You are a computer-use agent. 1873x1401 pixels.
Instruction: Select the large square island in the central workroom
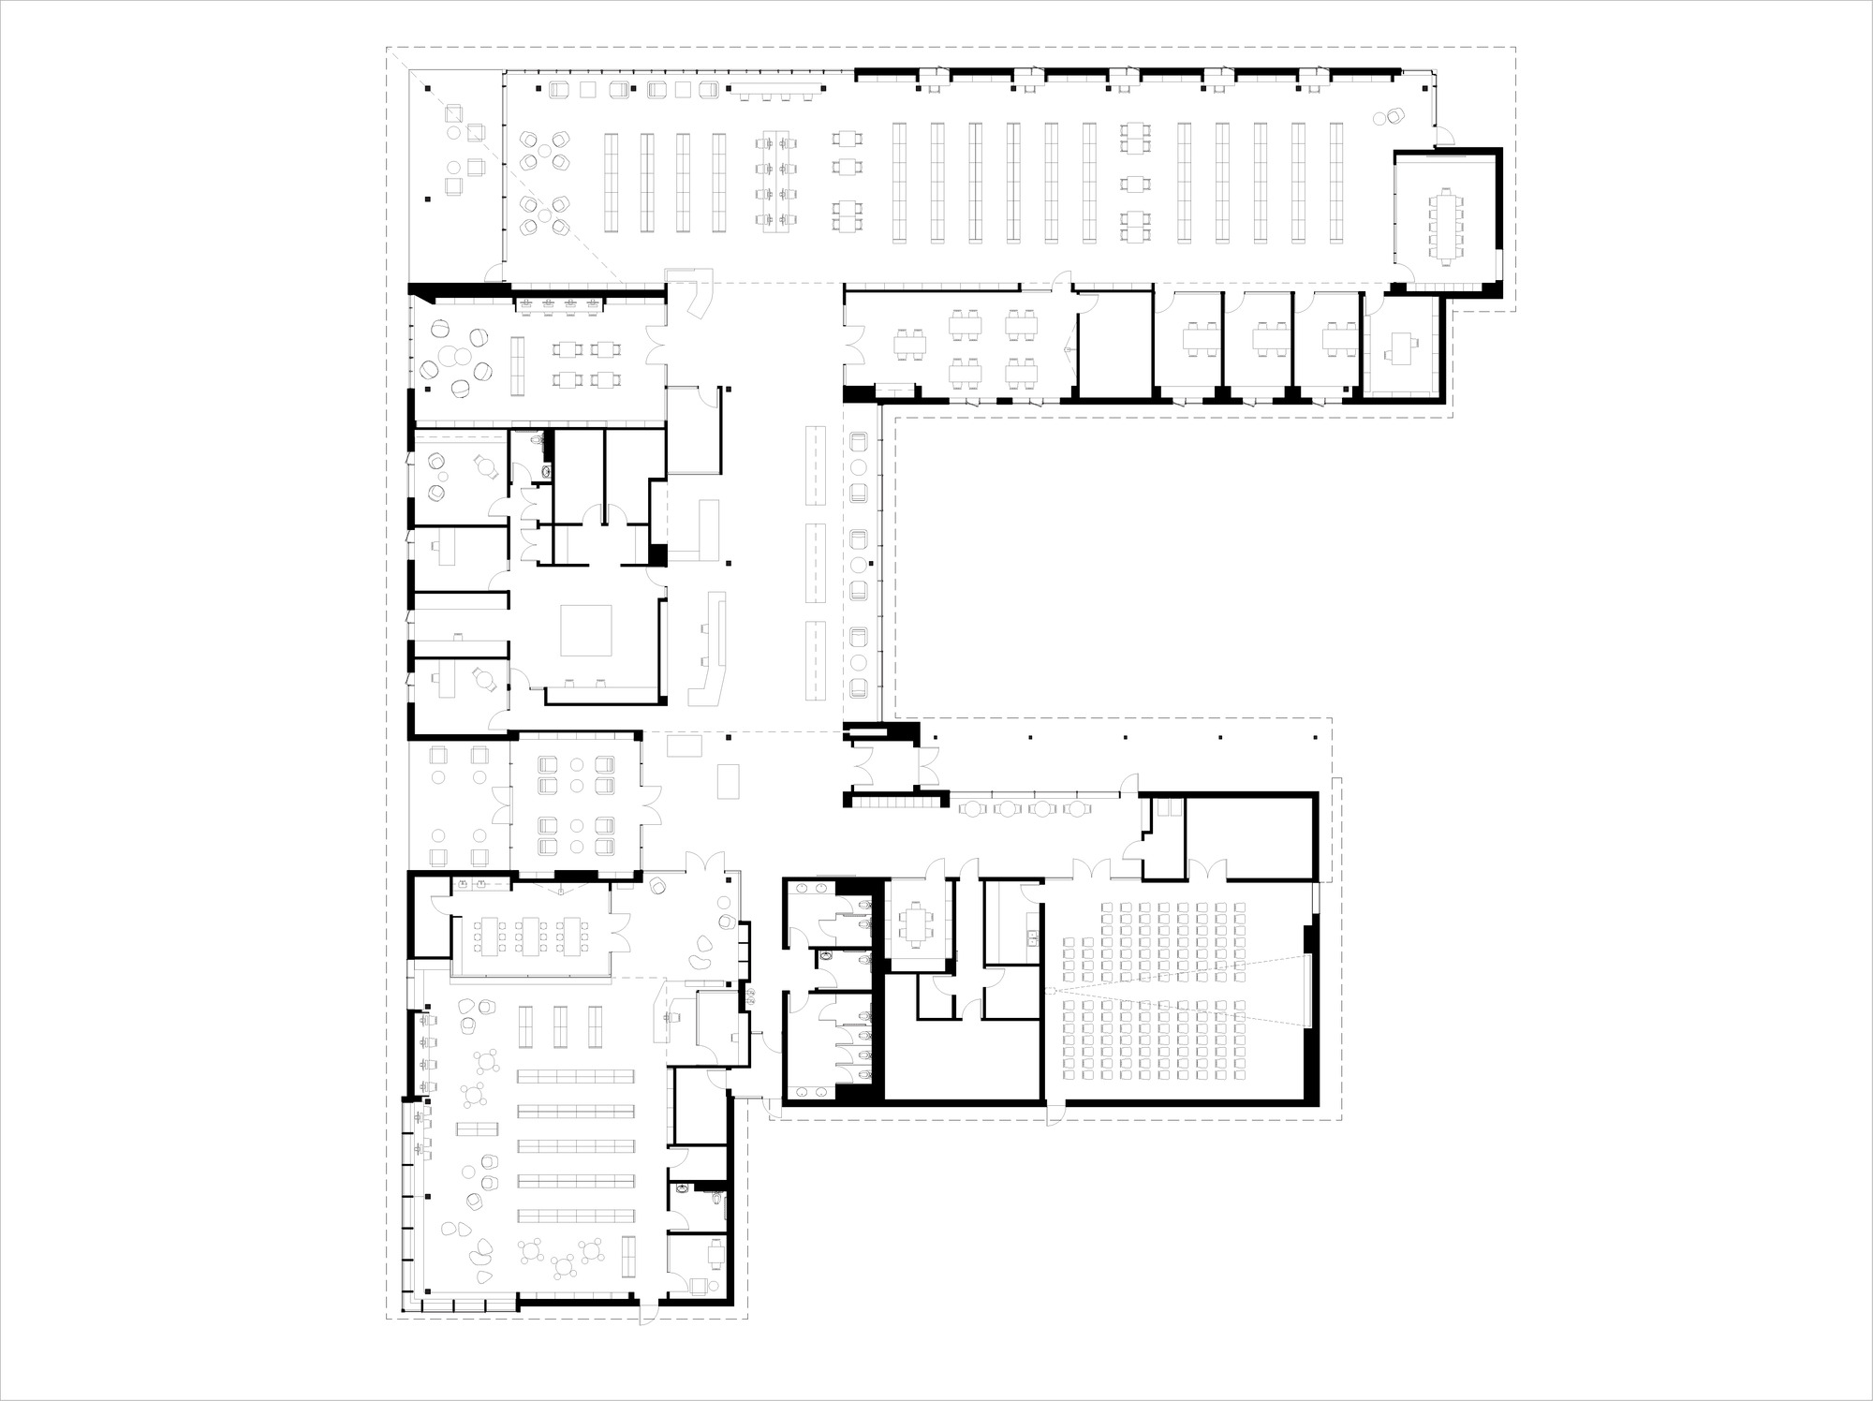pyautogui.click(x=585, y=630)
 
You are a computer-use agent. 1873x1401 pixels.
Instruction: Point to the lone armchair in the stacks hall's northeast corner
pyautogui.click(x=1395, y=116)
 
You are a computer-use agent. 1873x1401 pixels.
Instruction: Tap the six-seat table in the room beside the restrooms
pyautogui.click(x=914, y=922)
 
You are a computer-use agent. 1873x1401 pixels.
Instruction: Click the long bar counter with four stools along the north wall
pyautogui.click(x=777, y=91)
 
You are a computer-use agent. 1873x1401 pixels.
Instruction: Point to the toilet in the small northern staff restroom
pyautogui.click(x=535, y=440)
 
